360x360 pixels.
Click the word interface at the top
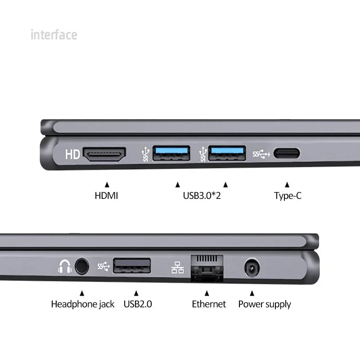pyautogui.click(x=54, y=35)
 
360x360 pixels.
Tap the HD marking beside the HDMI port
pyautogui.click(x=72, y=155)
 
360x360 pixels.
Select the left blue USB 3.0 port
pyautogui.click(x=171, y=153)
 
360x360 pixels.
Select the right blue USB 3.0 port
pyautogui.click(x=227, y=153)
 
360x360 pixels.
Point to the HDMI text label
pyautogui.click(x=106, y=196)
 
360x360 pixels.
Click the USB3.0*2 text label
pyautogui.click(x=201, y=196)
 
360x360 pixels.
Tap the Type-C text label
pyautogui.click(x=288, y=196)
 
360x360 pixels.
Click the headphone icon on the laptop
pyautogui.click(x=64, y=267)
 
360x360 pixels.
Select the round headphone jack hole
pyautogui.click(x=81, y=266)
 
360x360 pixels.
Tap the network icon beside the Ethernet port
pyautogui.click(x=177, y=268)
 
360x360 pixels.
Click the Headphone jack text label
pyautogui.click(x=82, y=304)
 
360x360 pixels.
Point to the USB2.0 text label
pyautogui.click(x=138, y=304)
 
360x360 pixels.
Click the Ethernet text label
pyautogui.click(x=209, y=304)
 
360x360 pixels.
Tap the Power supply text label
pyautogui.click(x=265, y=304)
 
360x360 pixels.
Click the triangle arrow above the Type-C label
pyautogui.click(x=287, y=184)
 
